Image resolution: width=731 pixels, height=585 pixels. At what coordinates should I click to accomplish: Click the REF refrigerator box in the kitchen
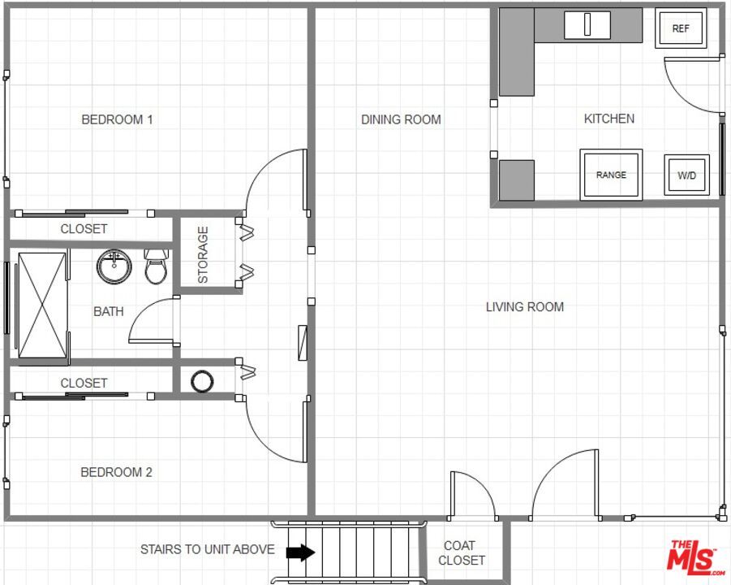(680, 28)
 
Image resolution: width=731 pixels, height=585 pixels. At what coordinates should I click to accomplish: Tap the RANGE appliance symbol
(611, 175)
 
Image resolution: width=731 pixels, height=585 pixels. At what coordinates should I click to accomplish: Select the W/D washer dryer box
(686, 175)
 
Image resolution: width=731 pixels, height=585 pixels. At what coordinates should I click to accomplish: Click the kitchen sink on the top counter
(587, 25)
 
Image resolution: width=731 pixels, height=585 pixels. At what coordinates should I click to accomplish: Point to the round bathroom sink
(114, 266)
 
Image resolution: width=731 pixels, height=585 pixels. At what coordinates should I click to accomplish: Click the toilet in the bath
(156, 266)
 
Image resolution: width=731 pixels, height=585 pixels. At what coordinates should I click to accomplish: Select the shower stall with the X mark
(42, 304)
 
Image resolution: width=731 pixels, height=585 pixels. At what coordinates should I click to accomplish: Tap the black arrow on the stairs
(301, 552)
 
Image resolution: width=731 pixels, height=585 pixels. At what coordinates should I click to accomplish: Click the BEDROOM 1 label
(117, 119)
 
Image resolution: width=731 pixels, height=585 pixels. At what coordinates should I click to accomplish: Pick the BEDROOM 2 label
(116, 472)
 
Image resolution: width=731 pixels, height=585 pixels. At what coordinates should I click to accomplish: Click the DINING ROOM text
(401, 119)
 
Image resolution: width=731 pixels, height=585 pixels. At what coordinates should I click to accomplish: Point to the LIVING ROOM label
(524, 306)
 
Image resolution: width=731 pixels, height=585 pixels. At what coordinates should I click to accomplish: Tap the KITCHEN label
(609, 119)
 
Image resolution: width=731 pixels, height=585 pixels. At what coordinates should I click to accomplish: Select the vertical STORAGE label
(203, 254)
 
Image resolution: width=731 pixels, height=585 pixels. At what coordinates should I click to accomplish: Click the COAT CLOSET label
(461, 552)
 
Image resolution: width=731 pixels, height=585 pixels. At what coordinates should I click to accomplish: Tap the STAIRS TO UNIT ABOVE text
(207, 549)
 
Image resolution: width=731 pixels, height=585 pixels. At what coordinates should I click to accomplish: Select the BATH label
(109, 311)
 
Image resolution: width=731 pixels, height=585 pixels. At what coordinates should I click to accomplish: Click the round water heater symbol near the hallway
(202, 380)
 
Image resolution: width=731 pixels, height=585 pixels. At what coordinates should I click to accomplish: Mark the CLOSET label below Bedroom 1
(84, 229)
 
